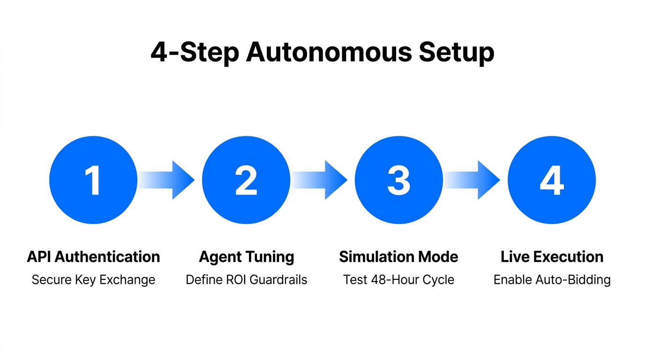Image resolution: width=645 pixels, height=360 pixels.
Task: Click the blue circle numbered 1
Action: click(x=93, y=180)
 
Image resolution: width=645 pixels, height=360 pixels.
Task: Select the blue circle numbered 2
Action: click(x=246, y=180)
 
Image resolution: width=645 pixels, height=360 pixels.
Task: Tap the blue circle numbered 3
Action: click(x=399, y=180)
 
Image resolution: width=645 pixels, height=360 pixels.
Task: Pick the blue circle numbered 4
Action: click(x=552, y=180)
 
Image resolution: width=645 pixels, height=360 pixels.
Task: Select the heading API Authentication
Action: click(x=93, y=257)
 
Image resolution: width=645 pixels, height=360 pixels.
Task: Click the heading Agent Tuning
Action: click(x=247, y=257)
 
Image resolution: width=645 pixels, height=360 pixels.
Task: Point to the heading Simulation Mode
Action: click(x=398, y=257)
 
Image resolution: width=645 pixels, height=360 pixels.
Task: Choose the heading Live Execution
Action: click(x=552, y=257)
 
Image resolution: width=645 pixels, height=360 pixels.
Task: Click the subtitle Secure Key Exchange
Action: click(x=93, y=280)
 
